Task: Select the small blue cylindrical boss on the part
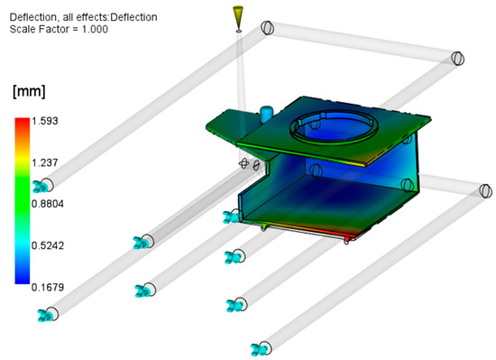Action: click(266, 112)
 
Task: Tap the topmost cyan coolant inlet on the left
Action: click(41, 187)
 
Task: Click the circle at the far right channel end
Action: click(485, 190)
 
